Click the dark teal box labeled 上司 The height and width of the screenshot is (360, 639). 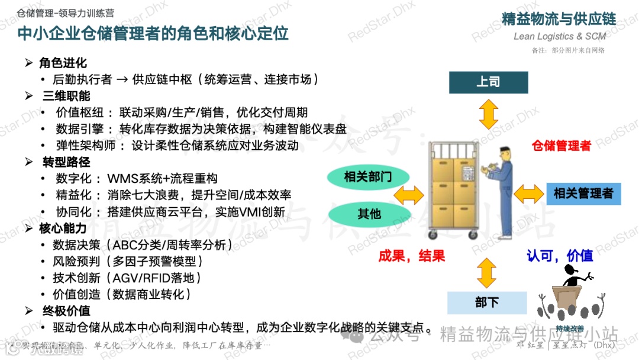(x=488, y=82)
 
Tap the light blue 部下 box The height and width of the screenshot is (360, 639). (x=487, y=303)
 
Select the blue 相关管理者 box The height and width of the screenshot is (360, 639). (x=583, y=193)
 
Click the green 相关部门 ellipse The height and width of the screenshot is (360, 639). (x=368, y=176)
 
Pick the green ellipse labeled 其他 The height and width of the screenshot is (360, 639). (x=369, y=214)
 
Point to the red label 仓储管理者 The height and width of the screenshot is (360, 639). (x=561, y=146)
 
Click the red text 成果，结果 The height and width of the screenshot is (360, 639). (x=412, y=256)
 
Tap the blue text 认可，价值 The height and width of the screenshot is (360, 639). (x=560, y=255)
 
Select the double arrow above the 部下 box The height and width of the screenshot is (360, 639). (x=486, y=273)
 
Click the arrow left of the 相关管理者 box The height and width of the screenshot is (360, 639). (x=528, y=193)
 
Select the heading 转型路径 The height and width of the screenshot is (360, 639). (x=66, y=162)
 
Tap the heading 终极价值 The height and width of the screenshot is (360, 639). (x=66, y=311)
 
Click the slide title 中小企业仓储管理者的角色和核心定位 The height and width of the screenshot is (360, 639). (x=153, y=33)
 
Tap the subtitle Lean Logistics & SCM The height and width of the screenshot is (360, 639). (x=559, y=36)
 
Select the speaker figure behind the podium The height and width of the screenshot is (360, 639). (x=571, y=275)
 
